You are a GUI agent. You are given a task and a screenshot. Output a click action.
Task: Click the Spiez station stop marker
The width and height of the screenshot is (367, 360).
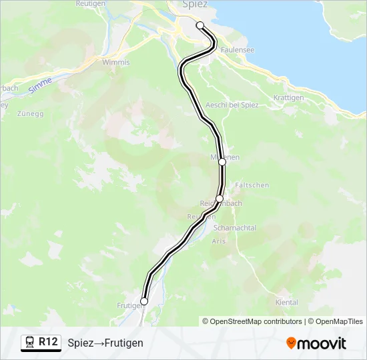click(x=200, y=25)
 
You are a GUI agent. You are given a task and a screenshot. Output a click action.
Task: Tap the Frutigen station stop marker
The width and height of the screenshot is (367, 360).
click(x=144, y=301)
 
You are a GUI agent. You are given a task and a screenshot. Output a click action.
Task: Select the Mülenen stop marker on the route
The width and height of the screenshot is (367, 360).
click(x=222, y=161)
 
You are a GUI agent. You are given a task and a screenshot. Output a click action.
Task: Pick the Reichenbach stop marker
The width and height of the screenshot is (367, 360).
click(x=220, y=198)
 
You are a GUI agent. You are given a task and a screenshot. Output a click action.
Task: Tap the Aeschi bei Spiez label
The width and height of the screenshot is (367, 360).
click(x=232, y=105)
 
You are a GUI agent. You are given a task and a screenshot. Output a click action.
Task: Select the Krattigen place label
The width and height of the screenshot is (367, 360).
click(x=289, y=97)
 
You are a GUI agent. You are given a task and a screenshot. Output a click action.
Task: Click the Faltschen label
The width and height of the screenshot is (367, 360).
click(x=252, y=185)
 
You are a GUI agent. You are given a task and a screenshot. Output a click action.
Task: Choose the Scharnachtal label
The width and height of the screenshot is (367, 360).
click(x=234, y=228)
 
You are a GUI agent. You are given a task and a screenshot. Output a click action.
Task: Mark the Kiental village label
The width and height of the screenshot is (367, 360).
click(x=286, y=303)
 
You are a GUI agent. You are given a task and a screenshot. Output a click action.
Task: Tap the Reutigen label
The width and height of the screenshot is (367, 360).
click(x=91, y=4)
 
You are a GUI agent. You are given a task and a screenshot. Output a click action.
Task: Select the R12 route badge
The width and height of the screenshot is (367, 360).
click(x=47, y=342)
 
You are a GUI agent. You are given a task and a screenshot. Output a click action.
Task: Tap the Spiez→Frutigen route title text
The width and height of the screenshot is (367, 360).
click(x=105, y=343)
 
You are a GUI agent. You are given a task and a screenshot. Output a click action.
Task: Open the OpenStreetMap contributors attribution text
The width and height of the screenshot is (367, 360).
click(x=252, y=321)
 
